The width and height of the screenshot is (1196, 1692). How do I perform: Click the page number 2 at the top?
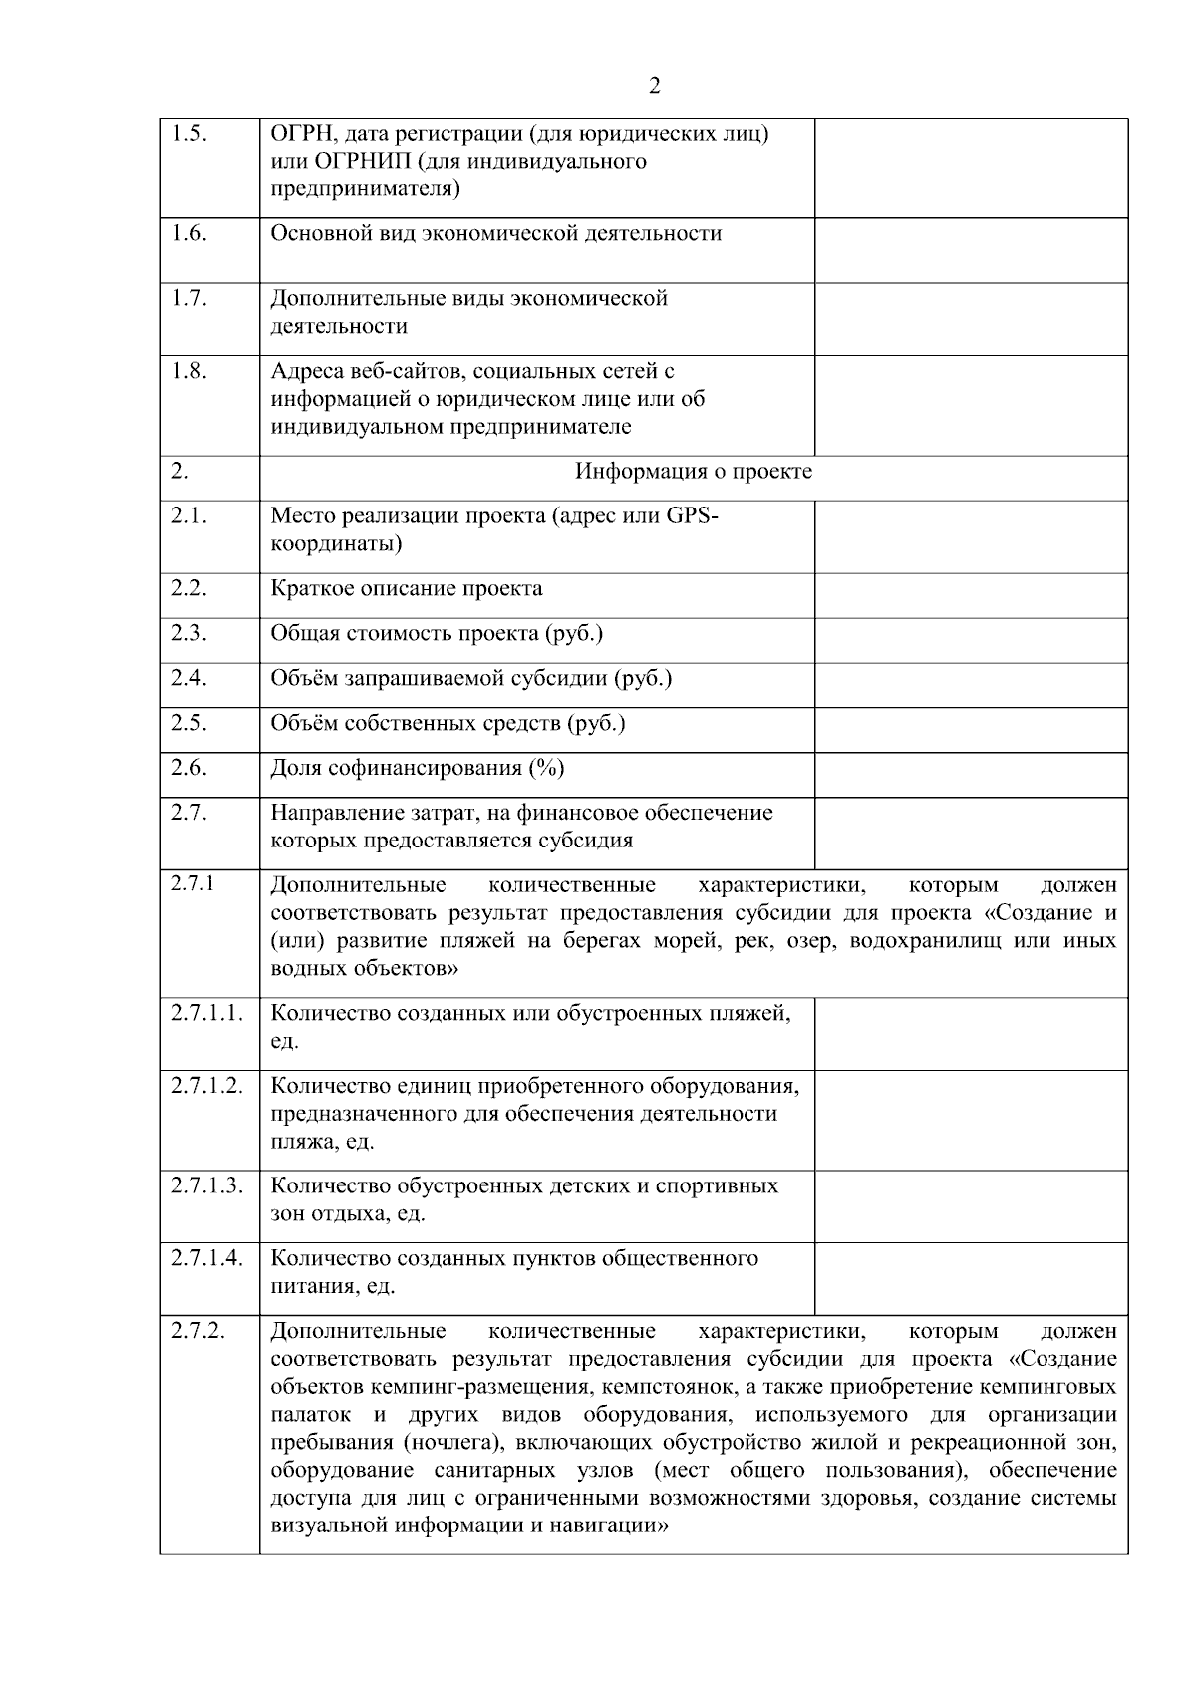(x=654, y=86)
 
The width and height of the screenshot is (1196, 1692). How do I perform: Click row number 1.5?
(x=188, y=133)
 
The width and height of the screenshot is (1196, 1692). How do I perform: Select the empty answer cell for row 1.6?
(x=971, y=250)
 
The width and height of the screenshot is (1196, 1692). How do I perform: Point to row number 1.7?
(x=188, y=297)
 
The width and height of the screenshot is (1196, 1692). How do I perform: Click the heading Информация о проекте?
(x=694, y=472)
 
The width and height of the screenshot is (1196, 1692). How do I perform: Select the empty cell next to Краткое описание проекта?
(x=971, y=595)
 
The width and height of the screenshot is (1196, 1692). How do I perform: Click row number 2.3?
(x=188, y=633)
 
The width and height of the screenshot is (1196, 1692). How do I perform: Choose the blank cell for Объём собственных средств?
(x=971, y=730)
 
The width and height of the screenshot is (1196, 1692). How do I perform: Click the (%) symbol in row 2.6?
(x=547, y=768)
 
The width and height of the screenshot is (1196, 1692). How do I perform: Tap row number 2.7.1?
(x=192, y=883)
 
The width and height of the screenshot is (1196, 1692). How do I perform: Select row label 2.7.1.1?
(x=206, y=1013)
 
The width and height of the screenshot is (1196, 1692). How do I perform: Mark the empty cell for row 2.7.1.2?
(x=971, y=1120)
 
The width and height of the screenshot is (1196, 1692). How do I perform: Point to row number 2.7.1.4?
(x=206, y=1258)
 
